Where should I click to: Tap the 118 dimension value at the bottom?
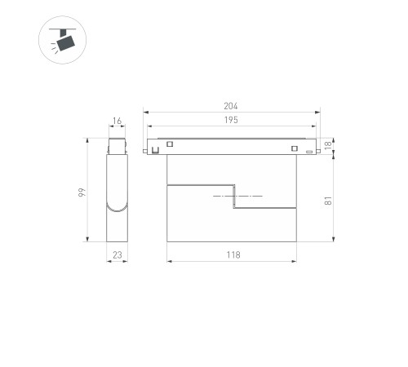tap(233, 255)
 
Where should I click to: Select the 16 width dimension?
tap(118, 122)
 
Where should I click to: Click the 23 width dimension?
tap(117, 255)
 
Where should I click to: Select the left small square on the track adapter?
tap(171, 146)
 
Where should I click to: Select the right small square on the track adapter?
tap(293, 147)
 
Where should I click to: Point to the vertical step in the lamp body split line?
tap(235, 198)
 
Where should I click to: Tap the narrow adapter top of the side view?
tap(118, 146)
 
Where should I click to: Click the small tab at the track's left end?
tap(147, 150)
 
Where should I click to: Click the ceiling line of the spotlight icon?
tap(60, 29)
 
